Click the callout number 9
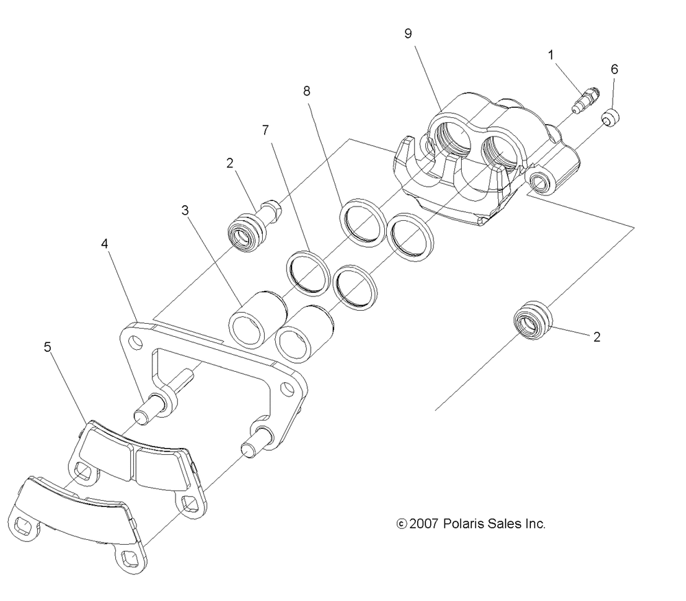click(408, 34)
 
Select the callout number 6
click(614, 69)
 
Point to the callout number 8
click(307, 91)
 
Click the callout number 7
click(265, 130)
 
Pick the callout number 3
click(185, 211)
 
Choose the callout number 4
click(105, 244)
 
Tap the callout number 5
click(47, 347)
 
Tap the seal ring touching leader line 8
click(361, 223)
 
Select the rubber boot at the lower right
click(533, 319)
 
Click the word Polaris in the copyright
click(462, 524)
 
